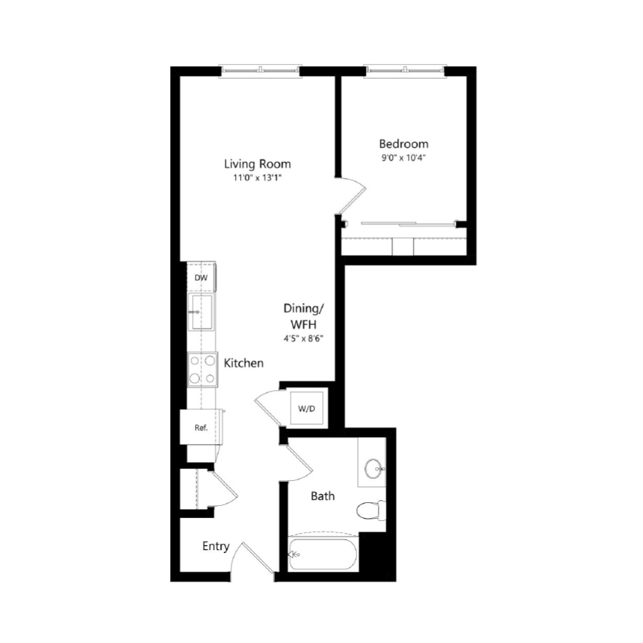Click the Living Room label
[257, 164]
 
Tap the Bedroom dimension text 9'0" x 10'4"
[404, 158]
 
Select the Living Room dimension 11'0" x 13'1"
[257, 178]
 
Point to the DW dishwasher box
[201, 278]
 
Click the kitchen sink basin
[201, 311]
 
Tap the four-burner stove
[202, 369]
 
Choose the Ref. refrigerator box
[201, 427]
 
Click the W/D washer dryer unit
[306, 409]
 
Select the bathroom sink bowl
[374, 468]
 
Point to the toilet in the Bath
[371, 511]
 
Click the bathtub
[323, 554]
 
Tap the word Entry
[216, 547]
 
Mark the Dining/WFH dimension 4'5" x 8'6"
[304, 339]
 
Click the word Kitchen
[244, 363]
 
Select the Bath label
[323, 497]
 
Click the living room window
[260, 71]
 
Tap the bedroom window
[405, 71]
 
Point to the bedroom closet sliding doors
[409, 224]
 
